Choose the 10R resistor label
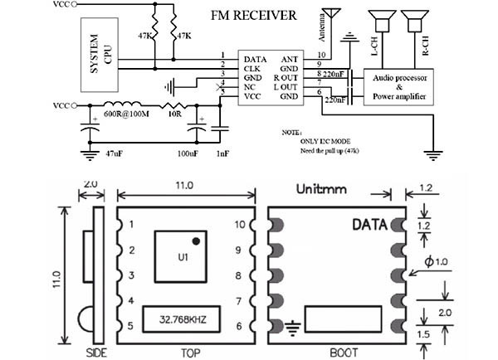click(174, 115)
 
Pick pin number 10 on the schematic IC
click(321, 55)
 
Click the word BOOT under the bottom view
click(334, 351)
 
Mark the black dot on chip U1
click(196, 241)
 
